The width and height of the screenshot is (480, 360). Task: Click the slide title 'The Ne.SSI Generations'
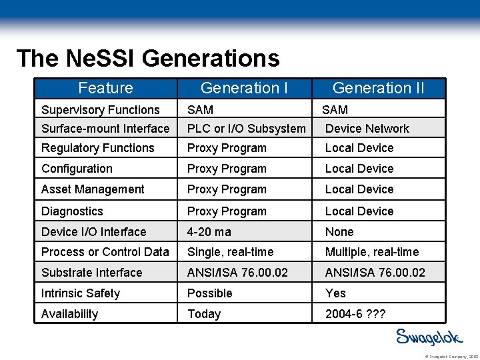148,59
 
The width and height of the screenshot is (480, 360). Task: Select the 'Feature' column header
105,88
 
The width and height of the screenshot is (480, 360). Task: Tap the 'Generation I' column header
244,88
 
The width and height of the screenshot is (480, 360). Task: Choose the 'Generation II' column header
378,88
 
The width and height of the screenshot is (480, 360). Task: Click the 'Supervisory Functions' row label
101,110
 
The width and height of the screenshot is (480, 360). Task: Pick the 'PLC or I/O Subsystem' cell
247,129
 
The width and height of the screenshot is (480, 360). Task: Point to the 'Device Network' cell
367,129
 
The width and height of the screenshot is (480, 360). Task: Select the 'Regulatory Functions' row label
98,148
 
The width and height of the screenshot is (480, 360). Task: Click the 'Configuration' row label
77,169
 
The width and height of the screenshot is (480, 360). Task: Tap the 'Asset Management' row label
93,189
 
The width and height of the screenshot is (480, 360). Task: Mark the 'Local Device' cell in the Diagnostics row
359,211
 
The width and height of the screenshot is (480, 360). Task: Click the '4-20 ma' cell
209,232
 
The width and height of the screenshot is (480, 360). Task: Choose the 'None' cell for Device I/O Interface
339,232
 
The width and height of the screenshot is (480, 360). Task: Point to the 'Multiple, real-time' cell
372,252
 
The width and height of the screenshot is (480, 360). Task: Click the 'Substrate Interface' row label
92,273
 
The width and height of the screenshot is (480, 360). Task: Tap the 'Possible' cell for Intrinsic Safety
210,293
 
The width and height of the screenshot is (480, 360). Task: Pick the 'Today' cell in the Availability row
204,314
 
